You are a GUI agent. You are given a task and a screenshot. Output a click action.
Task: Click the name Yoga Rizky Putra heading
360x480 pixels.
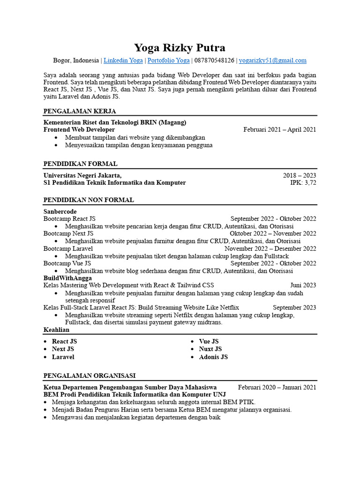(180, 47)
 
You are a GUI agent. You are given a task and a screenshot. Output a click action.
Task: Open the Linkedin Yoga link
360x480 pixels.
(123, 60)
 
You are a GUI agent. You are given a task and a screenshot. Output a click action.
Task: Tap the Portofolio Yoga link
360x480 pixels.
(169, 60)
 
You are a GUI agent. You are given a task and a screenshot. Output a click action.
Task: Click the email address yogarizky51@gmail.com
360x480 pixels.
(272, 60)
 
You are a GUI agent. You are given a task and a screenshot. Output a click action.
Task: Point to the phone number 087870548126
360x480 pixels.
(214, 60)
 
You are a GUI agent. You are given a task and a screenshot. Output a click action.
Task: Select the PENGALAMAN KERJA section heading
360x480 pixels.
(79, 111)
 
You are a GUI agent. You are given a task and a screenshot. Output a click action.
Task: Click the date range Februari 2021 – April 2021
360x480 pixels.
(279, 130)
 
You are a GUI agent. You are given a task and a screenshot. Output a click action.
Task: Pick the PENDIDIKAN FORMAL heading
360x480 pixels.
(80, 164)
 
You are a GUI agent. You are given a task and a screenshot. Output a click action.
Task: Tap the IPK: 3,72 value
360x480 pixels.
(303, 183)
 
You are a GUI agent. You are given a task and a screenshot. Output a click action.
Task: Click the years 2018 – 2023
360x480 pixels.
(299, 175)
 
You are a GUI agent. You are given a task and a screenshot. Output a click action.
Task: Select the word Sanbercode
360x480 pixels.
(60, 212)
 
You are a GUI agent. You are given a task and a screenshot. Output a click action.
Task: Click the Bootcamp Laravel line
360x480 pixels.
(68, 249)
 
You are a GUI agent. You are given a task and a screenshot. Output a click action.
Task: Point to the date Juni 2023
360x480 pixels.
(303, 285)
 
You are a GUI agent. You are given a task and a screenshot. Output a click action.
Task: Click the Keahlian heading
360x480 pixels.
(56, 330)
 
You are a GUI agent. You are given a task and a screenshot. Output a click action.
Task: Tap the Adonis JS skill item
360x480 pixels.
(213, 357)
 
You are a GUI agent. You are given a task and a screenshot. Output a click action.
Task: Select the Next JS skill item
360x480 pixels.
(63, 349)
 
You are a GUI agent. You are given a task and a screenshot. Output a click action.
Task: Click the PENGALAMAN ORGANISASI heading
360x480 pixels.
(89, 375)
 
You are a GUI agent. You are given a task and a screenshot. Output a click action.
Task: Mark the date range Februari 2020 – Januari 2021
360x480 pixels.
(277, 387)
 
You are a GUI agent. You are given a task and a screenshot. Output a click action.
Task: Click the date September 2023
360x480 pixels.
(294, 307)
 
